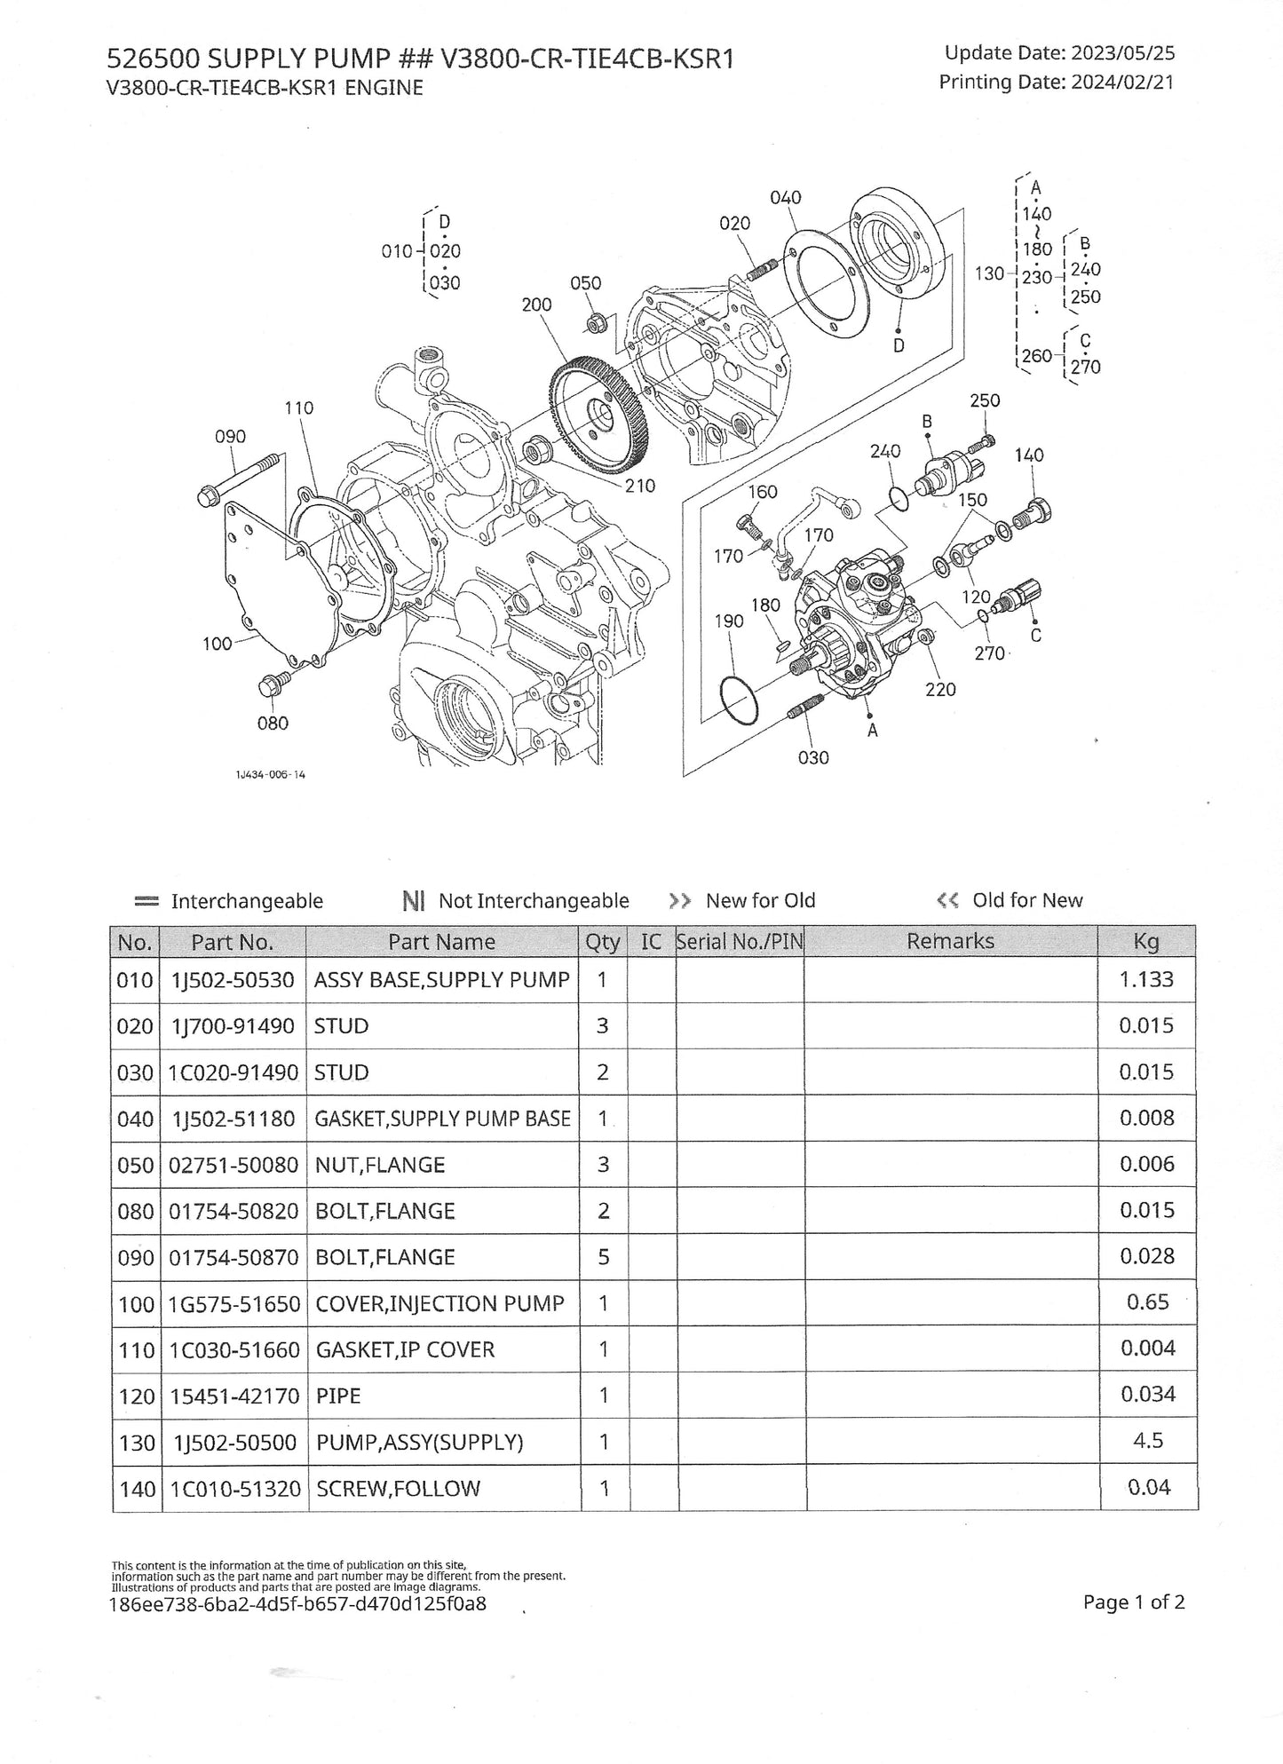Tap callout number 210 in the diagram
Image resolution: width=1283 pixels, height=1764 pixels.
pyautogui.click(x=639, y=486)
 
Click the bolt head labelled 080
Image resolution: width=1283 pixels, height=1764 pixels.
pyautogui.click(x=269, y=685)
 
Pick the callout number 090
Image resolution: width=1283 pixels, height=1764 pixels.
pyautogui.click(x=231, y=437)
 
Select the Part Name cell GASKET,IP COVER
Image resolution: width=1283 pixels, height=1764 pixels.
pyautogui.click(x=405, y=1349)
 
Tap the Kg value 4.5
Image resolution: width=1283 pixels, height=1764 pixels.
pyautogui.click(x=1148, y=1440)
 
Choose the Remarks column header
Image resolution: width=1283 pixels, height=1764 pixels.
pyautogui.click(x=950, y=941)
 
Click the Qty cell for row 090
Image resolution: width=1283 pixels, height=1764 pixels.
pyautogui.click(x=603, y=1257)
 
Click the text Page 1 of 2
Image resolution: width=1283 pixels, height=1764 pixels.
pyautogui.click(x=1134, y=1602)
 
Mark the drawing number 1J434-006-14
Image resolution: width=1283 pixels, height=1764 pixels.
pyautogui.click(x=270, y=774)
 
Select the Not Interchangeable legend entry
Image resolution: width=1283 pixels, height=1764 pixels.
pyautogui.click(x=516, y=901)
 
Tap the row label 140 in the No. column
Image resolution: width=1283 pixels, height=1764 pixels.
pyautogui.click(x=137, y=1488)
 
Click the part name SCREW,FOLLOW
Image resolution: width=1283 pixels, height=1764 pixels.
pyautogui.click(x=398, y=1488)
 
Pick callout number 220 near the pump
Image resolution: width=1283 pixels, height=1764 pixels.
pyautogui.click(x=940, y=689)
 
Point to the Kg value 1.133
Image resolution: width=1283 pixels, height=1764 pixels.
pyautogui.click(x=1146, y=979)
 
